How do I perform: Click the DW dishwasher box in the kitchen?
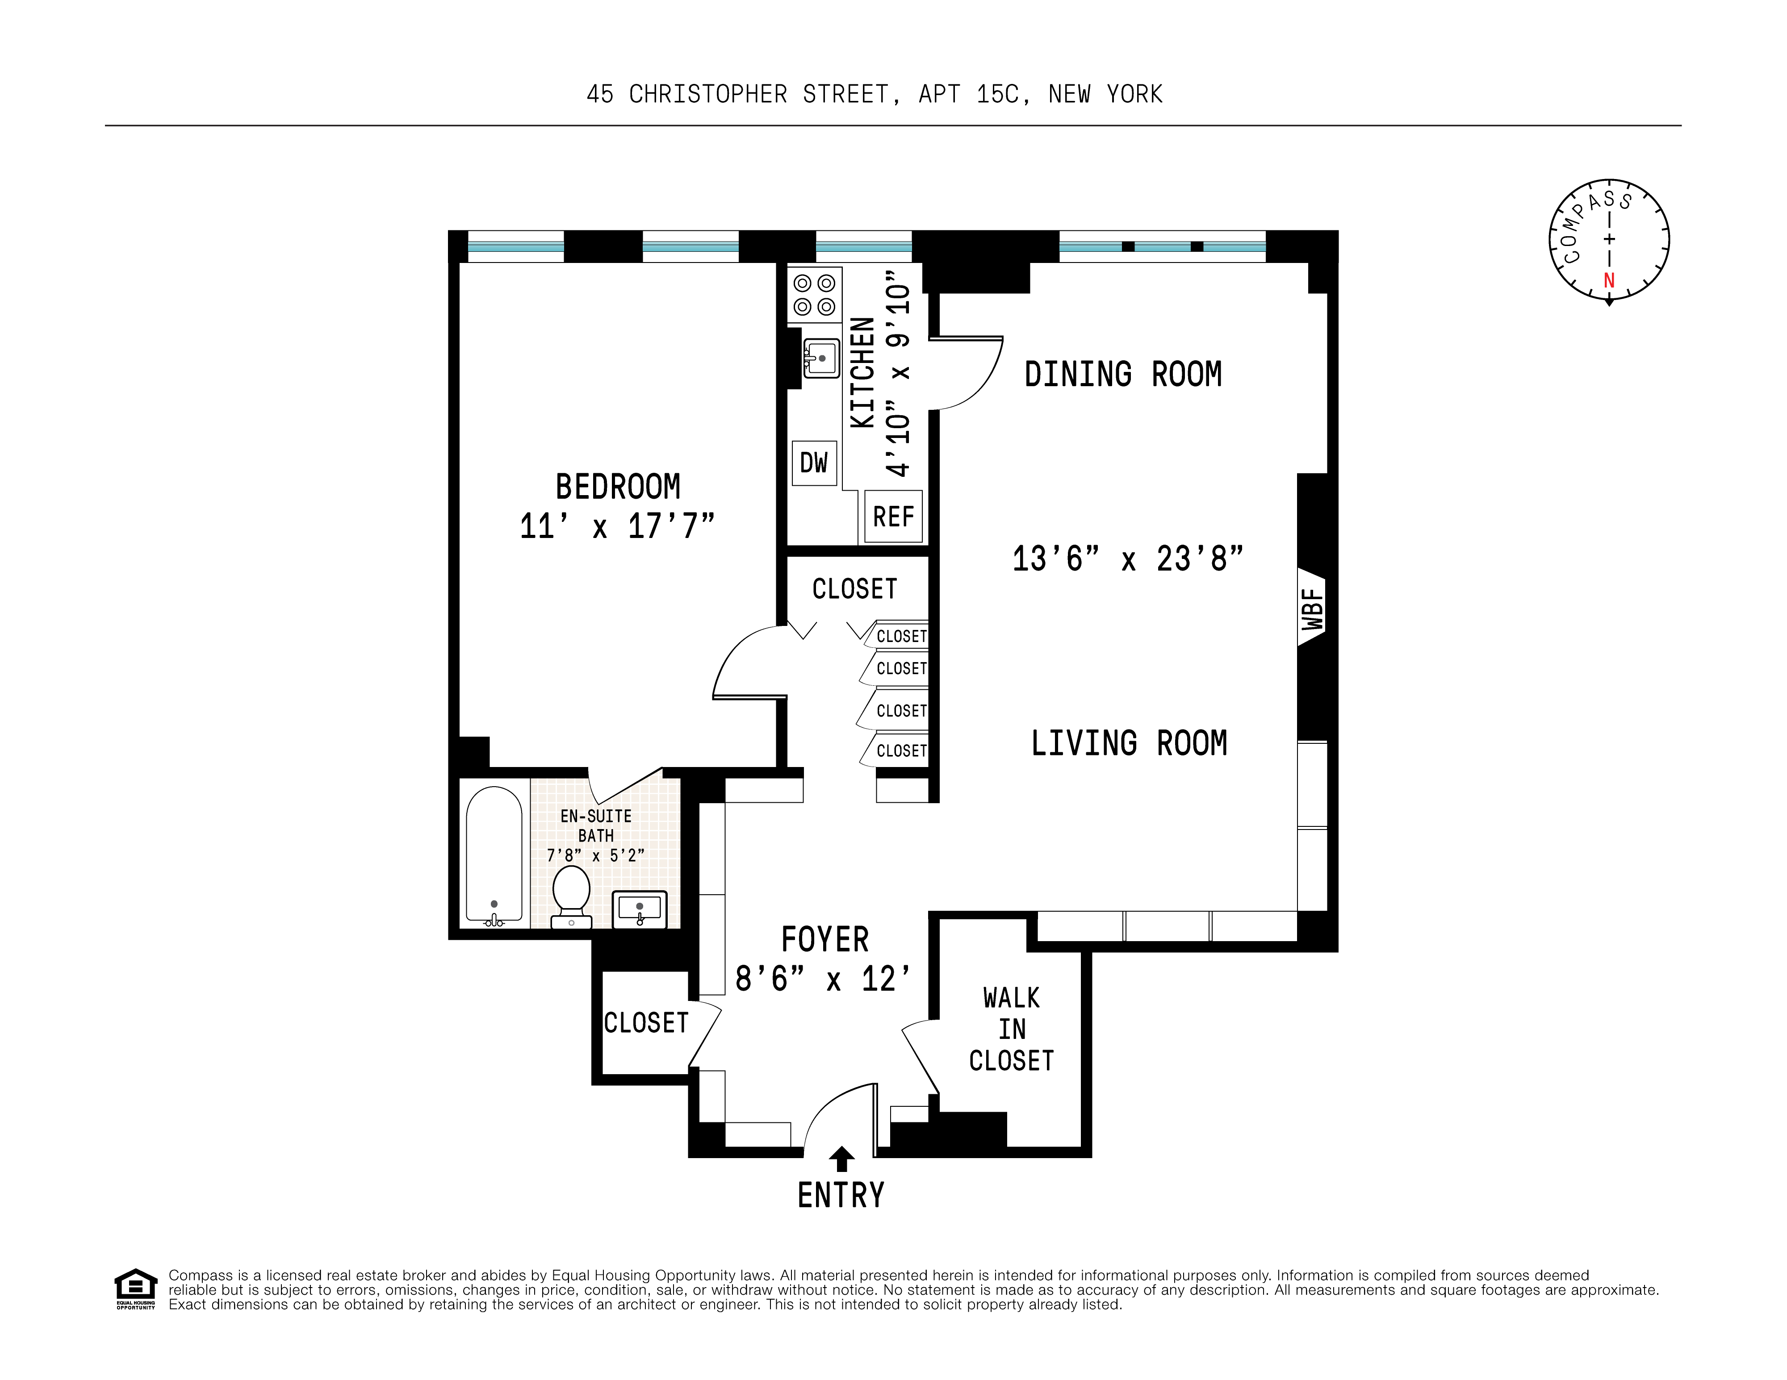coord(814,463)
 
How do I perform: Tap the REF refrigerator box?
coord(893,517)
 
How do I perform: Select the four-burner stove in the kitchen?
coord(814,295)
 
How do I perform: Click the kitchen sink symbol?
coord(820,359)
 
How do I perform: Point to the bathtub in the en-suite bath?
coord(494,855)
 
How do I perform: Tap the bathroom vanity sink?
coord(640,909)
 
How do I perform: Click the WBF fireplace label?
coord(1312,609)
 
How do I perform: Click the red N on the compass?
coord(1609,280)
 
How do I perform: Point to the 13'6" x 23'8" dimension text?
coord(1127,559)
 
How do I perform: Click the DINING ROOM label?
coord(1122,375)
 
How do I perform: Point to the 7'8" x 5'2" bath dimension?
coord(596,856)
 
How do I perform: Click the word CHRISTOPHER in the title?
coord(708,95)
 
